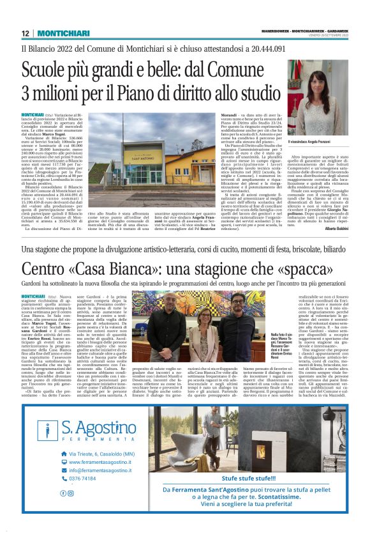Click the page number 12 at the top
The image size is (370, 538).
[24, 33]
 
